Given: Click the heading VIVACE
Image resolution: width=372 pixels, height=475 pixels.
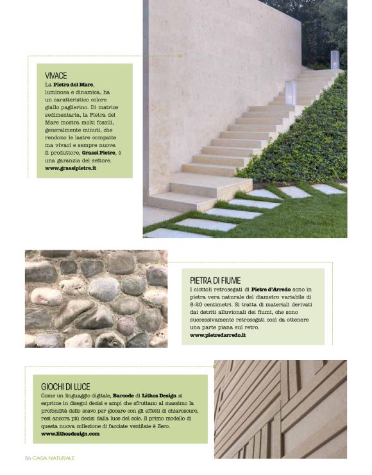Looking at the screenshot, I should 56,75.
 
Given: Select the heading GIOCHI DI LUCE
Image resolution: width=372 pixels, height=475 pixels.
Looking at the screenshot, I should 66,386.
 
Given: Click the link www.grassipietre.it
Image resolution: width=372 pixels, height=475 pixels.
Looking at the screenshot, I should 71,168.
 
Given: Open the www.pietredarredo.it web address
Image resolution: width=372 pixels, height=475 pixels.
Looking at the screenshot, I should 218,335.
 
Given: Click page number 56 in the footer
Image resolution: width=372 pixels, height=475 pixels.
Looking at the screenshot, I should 28,458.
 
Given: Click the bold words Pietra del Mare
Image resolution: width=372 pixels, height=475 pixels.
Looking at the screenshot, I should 74,85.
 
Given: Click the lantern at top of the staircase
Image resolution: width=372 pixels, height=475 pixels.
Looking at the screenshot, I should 334,59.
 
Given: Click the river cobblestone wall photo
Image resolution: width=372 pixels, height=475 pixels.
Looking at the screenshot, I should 96,298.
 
